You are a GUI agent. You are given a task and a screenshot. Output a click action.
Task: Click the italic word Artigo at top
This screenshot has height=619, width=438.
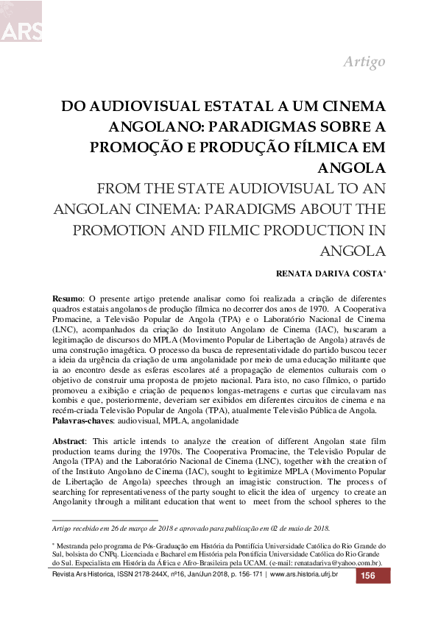364,62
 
